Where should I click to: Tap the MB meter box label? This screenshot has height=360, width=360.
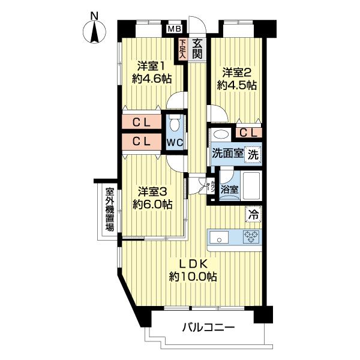[174, 28]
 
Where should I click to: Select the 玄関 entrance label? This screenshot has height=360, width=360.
[196, 48]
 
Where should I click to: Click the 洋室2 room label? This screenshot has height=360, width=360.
[238, 79]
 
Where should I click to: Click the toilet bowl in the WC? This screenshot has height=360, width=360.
[174, 125]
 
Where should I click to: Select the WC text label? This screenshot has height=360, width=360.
[175, 143]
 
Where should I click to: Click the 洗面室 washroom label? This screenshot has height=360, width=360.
[227, 153]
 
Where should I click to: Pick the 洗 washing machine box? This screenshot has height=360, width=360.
[254, 153]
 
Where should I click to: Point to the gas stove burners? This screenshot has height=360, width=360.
[251, 237]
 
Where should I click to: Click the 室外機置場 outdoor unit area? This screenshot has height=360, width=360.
[110, 210]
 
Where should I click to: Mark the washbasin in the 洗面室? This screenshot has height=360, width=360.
[220, 134]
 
